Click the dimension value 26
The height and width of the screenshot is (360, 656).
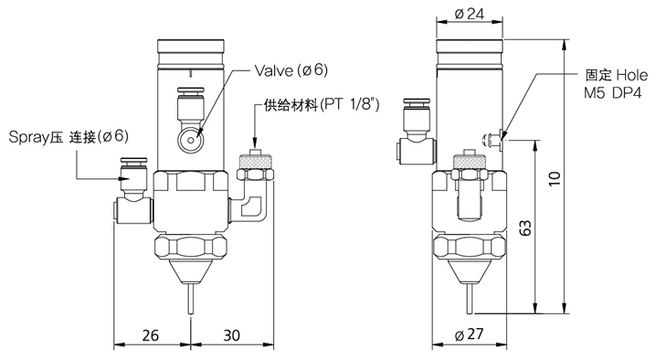[151, 335]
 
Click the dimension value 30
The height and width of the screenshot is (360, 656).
[231, 335]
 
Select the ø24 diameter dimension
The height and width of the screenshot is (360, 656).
[469, 15]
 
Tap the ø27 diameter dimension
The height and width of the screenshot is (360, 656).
[469, 334]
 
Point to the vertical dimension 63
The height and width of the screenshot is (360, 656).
[526, 228]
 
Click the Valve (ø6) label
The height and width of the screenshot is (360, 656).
[291, 70]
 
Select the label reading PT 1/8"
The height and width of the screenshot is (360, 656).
[350, 104]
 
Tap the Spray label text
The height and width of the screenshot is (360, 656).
[29, 137]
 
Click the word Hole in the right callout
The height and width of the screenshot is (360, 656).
[631, 75]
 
